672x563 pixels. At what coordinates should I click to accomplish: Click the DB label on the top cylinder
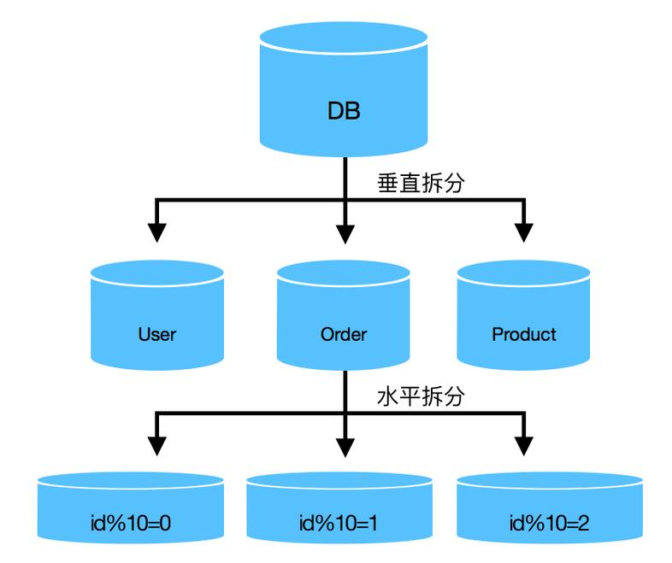click(344, 111)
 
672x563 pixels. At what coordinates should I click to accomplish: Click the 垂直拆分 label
click(421, 184)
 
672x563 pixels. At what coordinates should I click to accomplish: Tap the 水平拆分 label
click(421, 397)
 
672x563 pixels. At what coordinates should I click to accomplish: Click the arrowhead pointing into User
click(157, 232)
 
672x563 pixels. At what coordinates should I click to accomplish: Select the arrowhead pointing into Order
click(344, 232)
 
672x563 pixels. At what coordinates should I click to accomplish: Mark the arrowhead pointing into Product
click(523, 232)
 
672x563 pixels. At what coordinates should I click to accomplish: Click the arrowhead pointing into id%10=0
click(157, 445)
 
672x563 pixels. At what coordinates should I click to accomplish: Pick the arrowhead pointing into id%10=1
click(344, 445)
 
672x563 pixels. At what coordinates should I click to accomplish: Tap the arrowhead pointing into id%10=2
click(523, 445)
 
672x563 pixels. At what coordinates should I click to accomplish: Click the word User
click(157, 334)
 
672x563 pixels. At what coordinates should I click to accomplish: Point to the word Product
click(523, 334)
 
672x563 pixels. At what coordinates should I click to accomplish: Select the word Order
click(344, 334)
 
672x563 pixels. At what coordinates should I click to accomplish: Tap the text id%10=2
click(549, 522)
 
